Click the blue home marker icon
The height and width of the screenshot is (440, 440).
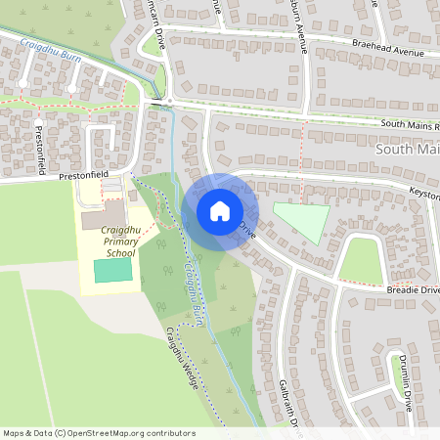click(x=219, y=210)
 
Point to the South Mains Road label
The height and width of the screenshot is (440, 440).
click(x=410, y=125)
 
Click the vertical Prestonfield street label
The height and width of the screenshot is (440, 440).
click(x=40, y=153)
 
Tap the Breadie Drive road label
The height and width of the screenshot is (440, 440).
click(x=412, y=290)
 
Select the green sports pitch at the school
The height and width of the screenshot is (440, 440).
click(x=112, y=272)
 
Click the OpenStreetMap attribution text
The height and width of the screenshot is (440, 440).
click(x=99, y=432)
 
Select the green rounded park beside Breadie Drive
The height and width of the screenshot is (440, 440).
click(x=360, y=261)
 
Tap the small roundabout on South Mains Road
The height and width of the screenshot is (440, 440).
click(x=169, y=100)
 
